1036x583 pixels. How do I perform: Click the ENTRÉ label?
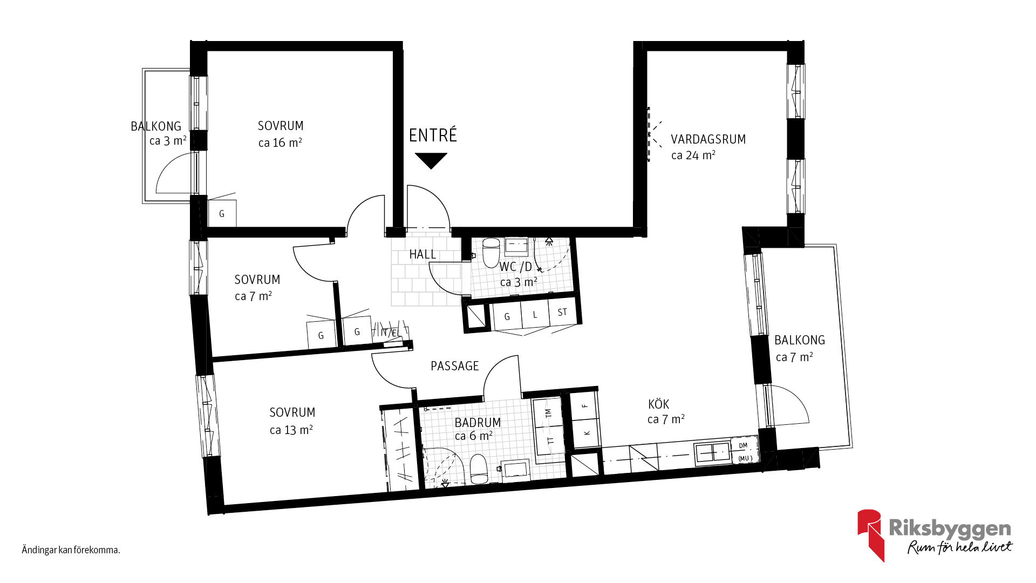click(x=433, y=135)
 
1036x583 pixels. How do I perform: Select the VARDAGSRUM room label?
click(x=708, y=139)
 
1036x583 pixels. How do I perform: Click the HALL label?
click(x=422, y=254)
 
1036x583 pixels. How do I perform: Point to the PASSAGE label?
click(x=455, y=366)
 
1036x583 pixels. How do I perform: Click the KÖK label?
click(x=658, y=404)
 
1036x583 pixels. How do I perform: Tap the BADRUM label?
click(x=478, y=422)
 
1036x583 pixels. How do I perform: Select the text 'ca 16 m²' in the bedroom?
click(x=280, y=143)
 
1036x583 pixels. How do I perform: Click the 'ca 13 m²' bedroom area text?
click(x=291, y=430)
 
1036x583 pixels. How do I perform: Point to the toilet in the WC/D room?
click(x=491, y=253)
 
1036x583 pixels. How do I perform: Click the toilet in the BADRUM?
click(x=479, y=469)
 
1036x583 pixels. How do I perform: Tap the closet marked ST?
click(x=562, y=312)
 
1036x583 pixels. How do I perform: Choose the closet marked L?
click(x=535, y=314)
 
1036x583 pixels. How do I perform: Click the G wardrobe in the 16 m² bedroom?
click(x=222, y=213)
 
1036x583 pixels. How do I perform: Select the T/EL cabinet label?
click(x=390, y=333)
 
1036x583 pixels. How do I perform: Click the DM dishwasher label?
click(x=743, y=445)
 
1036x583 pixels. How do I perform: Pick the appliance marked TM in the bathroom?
click(x=548, y=413)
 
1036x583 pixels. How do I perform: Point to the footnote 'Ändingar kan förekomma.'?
click(x=71, y=550)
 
